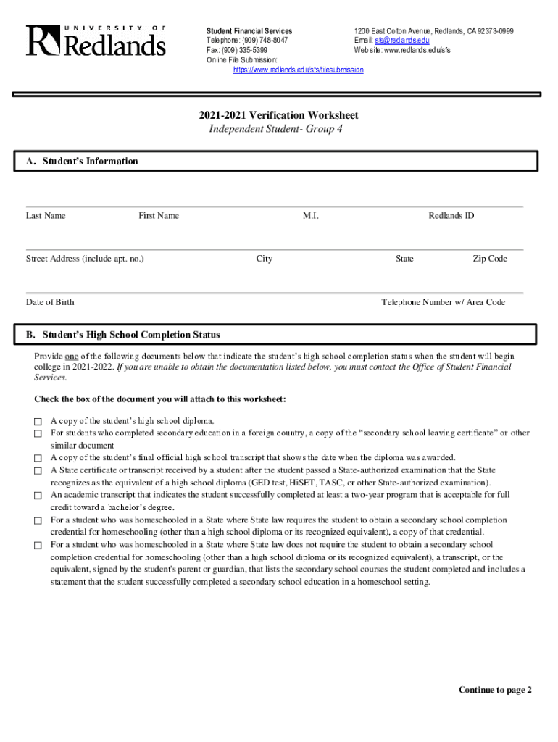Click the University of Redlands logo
[96, 41]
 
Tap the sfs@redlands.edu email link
[402, 41]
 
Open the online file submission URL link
[298, 70]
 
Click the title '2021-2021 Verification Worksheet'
[279, 115]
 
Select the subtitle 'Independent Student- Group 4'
[275, 129]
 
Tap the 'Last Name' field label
[46, 216]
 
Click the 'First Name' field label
[159, 216]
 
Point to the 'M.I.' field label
[311, 216]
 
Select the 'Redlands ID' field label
[451, 216]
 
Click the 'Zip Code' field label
[490, 259]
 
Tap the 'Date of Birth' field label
[50, 302]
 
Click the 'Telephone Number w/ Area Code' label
[444, 302]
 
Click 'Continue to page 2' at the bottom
[495, 690]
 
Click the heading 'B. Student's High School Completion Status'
[131, 335]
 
